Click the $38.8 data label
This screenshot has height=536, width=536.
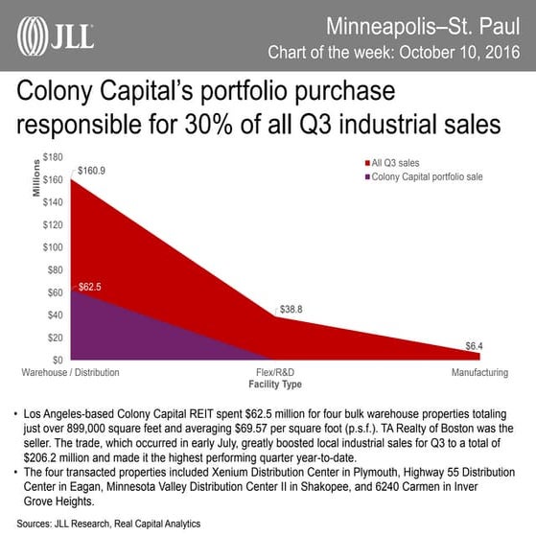coord(291,310)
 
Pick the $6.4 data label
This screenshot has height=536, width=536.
coord(475,345)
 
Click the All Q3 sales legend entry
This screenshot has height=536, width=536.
coord(395,163)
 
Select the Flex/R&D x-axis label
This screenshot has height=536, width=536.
coord(275,370)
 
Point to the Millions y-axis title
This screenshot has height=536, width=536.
coord(35,177)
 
